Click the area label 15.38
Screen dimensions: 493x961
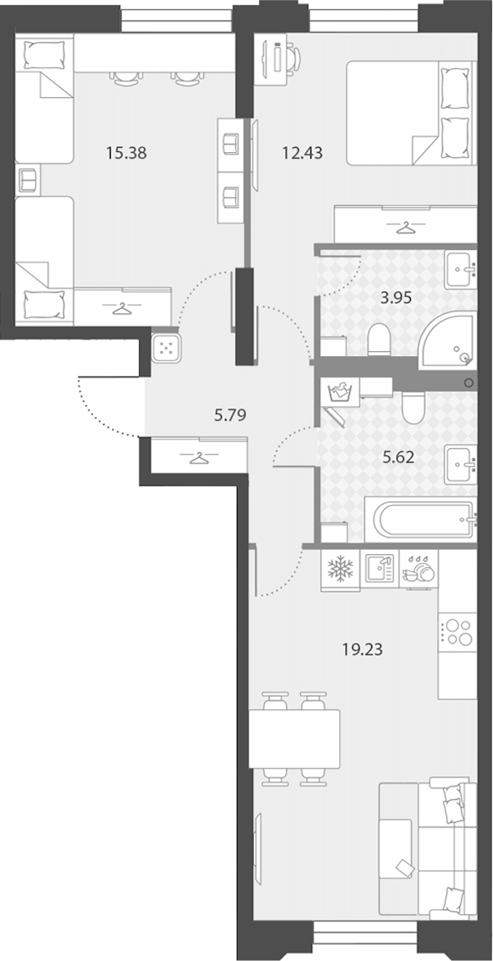point(127,153)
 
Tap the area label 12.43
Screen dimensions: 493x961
point(302,153)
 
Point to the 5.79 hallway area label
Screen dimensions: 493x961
point(230,416)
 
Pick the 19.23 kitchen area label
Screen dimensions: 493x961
point(362,649)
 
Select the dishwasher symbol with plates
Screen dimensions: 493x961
point(420,571)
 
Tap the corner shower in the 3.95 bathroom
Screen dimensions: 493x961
point(449,341)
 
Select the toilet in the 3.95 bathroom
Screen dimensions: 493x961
point(379,339)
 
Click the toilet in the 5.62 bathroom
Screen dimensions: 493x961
point(414,407)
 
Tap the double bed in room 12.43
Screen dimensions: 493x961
point(411,113)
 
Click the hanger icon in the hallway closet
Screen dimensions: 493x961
point(198,457)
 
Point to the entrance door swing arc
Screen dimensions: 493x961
point(102,418)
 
